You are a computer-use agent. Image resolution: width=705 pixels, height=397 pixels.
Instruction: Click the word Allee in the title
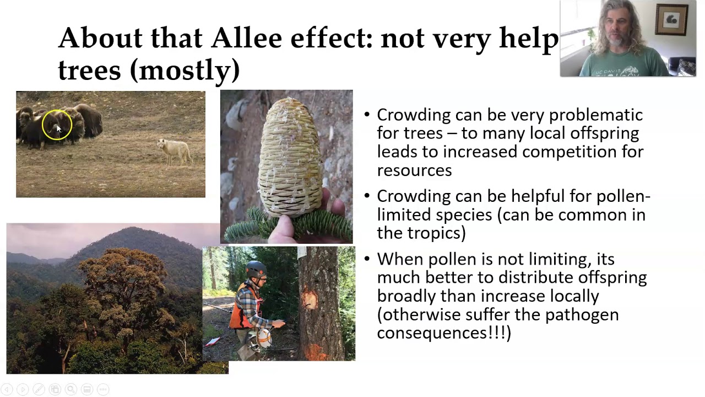246,38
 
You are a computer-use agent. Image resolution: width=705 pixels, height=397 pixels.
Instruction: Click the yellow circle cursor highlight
57,125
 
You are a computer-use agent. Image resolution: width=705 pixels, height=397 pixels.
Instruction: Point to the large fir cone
290,158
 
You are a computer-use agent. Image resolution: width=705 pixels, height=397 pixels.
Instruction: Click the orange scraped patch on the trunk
310,299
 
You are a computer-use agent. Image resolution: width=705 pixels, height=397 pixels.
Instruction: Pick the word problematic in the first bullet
596,115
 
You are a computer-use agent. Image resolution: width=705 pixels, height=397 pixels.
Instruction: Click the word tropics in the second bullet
434,233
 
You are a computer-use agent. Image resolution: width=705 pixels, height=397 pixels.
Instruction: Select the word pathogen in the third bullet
582,315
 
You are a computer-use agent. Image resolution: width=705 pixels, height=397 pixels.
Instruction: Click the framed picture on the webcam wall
671,20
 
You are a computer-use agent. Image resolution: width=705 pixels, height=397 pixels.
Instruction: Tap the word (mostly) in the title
185,70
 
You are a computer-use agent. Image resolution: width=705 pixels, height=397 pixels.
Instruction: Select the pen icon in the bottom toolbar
39,389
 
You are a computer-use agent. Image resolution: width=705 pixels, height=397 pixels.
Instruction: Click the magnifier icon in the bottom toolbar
71,389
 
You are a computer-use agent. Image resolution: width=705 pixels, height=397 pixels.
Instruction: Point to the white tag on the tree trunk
302,253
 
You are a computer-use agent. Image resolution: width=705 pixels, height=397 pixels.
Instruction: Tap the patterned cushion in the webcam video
686,67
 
